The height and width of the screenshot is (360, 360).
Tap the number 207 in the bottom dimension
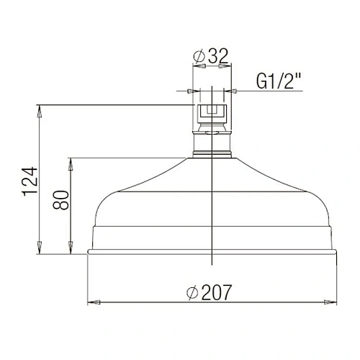(217, 293)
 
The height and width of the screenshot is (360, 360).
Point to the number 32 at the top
(215, 54)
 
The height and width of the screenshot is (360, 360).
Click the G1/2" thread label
(278, 82)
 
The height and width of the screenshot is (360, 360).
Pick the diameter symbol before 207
(192, 294)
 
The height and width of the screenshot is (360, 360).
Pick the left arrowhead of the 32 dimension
(196, 66)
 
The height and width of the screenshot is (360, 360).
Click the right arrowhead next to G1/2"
(230, 91)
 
